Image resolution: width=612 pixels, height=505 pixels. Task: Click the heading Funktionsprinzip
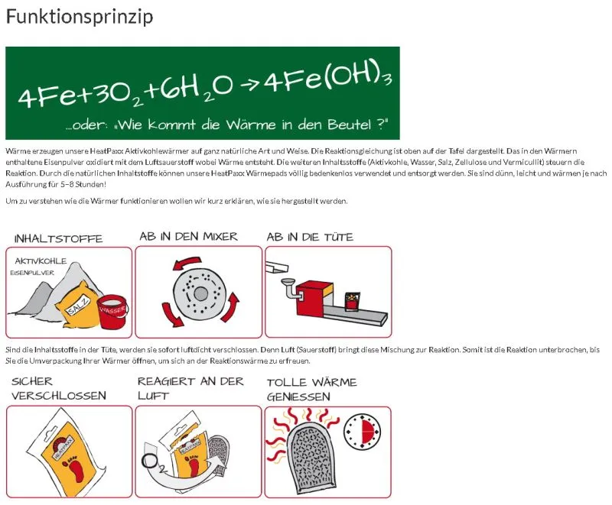[x=80, y=17]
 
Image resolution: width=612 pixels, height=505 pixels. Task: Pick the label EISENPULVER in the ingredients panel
[x=32, y=272]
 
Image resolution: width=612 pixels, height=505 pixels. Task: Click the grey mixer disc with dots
[x=200, y=293]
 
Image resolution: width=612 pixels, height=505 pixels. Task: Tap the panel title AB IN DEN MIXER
[x=188, y=236]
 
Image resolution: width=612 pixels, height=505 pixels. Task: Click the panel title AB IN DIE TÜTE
[x=310, y=237]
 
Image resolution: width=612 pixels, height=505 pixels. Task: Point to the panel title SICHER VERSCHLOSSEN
[x=59, y=388]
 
